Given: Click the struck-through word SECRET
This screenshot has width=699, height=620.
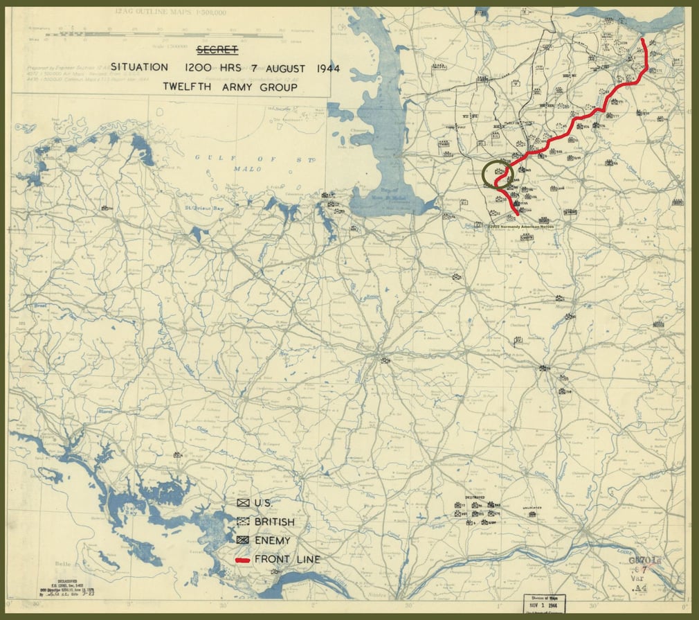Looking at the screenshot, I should point(217,49).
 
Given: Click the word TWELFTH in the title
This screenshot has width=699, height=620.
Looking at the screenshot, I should point(190,87).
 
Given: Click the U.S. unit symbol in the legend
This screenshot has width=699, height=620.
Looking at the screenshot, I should point(243,503).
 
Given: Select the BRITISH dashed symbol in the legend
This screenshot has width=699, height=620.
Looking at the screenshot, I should point(243,522).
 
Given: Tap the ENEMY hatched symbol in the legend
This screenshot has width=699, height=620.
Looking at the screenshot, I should point(243,540).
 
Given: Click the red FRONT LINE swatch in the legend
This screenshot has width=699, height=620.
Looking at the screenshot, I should point(243,559).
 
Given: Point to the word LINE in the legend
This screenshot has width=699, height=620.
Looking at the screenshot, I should point(308,559).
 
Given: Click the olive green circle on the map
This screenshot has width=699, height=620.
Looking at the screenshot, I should point(497,175).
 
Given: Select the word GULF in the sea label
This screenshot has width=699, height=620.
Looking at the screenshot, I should point(208,157).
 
